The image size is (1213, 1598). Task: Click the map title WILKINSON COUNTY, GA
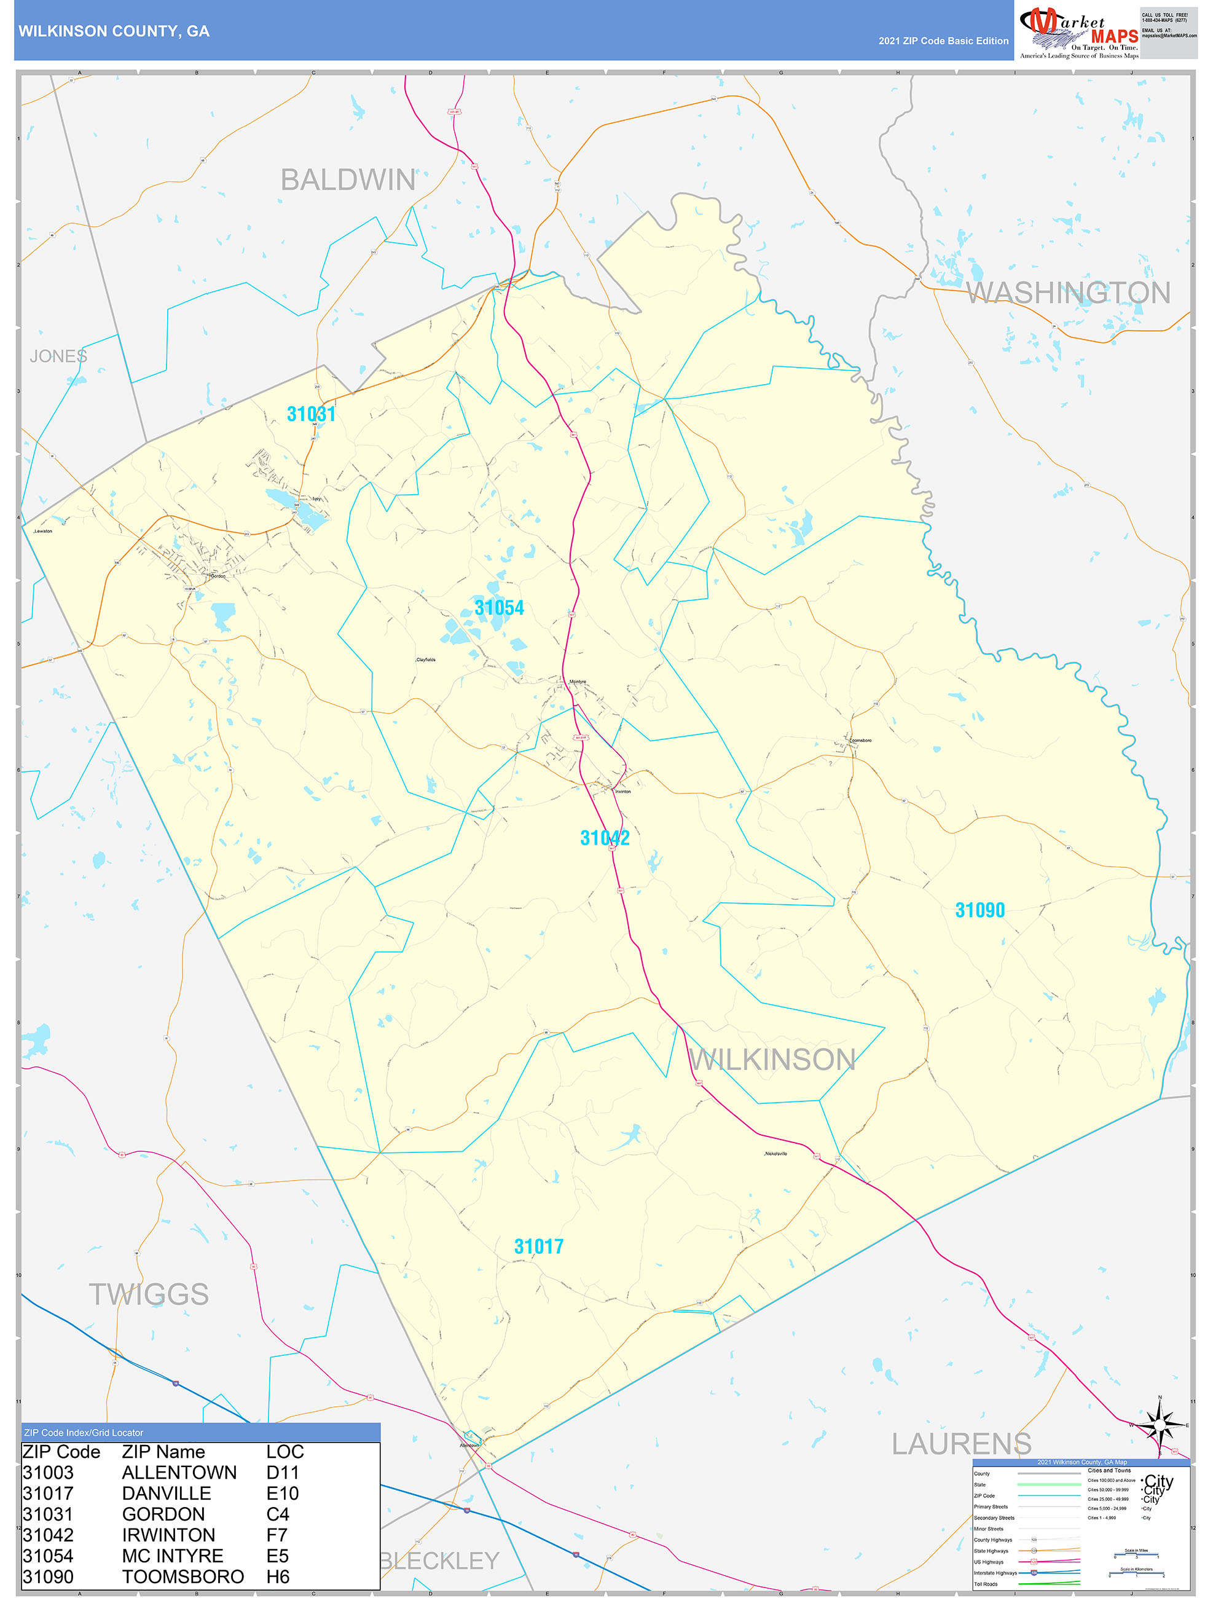pos(114,31)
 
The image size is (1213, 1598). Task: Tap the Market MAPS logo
pos(1078,33)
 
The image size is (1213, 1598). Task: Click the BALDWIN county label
pos(348,180)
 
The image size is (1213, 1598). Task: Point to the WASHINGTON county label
pos(1068,293)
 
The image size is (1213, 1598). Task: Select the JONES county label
pos(58,356)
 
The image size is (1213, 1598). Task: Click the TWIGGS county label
pos(149,1294)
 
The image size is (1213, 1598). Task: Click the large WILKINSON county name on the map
pos(772,1060)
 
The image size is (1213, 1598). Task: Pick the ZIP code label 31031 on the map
pos(312,414)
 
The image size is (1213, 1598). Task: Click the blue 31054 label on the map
pos(499,608)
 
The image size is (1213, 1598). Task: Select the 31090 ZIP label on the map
pos(979,910)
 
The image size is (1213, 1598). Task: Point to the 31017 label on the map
pos(539,1246)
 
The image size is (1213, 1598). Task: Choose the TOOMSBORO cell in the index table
pos(183,1576)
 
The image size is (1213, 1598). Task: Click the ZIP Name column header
pos(163,1452)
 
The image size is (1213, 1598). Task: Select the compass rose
pos(1160,1425)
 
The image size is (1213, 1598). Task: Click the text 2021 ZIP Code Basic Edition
pos(943,41)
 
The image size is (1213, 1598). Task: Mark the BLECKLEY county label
pos(439,1561)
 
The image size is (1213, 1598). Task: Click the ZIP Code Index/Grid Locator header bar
pos(201,1433)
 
